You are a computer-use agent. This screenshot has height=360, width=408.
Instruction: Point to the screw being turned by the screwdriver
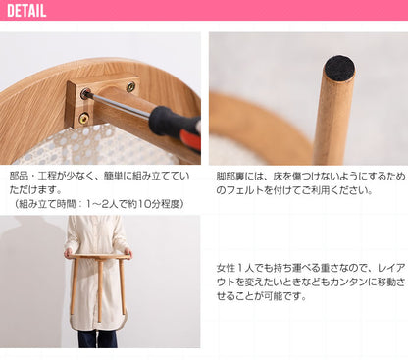coord(87,94)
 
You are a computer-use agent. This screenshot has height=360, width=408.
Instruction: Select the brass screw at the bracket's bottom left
coord(83,118)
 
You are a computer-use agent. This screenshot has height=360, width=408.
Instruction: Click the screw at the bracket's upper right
coord(129,87)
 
